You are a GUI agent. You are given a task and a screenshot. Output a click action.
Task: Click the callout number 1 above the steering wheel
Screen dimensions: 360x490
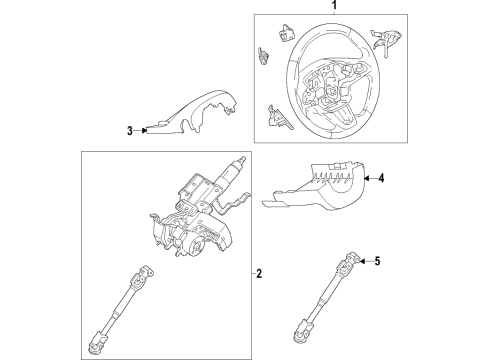coord(321,5)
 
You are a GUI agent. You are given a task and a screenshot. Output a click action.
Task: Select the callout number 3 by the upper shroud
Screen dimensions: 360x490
coord(130,129)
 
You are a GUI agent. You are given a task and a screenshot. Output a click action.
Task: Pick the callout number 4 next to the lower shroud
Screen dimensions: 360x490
coord(380,179)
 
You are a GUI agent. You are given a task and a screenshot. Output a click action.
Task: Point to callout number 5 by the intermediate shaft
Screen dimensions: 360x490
coord(378,262)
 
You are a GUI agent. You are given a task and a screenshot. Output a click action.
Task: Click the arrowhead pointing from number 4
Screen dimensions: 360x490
coord(366,179)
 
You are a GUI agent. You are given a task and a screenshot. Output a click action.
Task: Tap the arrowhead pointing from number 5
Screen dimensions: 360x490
coord(363,262)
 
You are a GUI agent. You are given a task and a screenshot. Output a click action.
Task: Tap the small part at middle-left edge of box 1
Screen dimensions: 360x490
coord(261,58)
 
